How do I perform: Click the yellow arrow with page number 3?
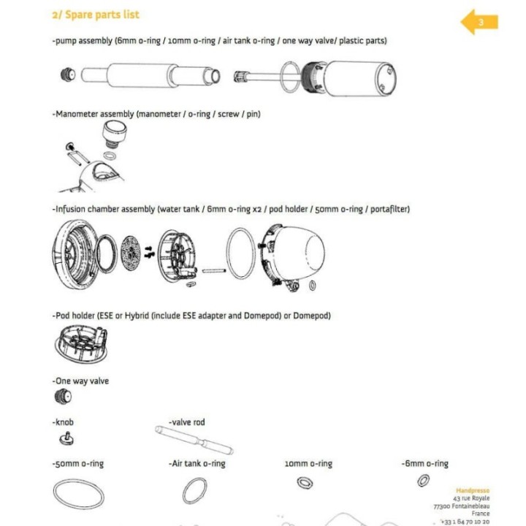tap(479, 22)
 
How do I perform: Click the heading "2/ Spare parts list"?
tap(96, 15)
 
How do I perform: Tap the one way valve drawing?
tap(64, 397)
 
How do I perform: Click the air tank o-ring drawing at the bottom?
tap(194, 489)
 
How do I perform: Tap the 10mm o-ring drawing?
tap(304, 482)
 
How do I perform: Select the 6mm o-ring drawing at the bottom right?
tap(423, 480)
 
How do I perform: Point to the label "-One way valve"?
tap(80, 381)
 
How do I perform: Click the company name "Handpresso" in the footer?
tap(473, 490)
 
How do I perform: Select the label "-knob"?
tap(63, 422)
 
